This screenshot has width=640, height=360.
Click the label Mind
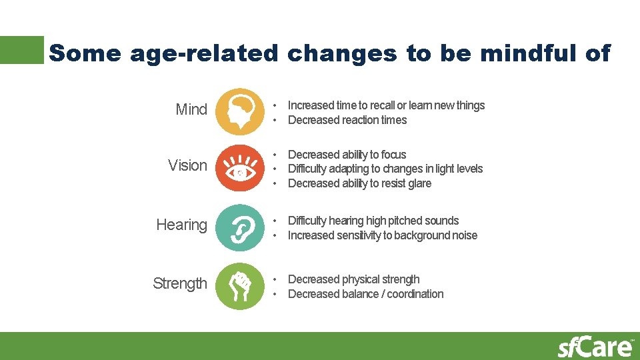(191, 109)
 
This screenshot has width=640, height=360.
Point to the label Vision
(187, 165)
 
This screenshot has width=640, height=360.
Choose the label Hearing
(181, 225)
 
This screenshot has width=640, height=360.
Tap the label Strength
(180, 283)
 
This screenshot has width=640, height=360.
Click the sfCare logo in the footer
(595, 347)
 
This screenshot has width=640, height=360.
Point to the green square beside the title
(21, 50)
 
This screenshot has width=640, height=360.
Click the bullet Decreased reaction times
(347, 120)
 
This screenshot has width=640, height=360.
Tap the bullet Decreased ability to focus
(347, 155)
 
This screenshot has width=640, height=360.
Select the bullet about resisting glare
(359, 183)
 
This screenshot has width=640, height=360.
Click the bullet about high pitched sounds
(373, 221)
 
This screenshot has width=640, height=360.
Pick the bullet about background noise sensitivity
(382, 235)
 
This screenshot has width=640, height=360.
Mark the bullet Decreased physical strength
(353, 279)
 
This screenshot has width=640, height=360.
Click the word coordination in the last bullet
(415, 294)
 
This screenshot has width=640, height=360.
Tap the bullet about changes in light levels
(385, 169)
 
